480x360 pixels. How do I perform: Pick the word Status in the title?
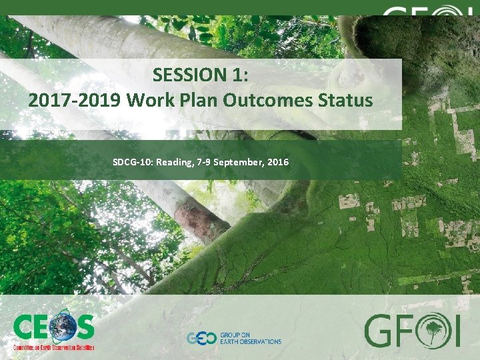[347, 100]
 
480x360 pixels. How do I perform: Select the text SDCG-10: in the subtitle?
[133, 162]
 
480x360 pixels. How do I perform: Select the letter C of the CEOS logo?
[25, 328]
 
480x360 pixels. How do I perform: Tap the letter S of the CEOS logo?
[84, 328]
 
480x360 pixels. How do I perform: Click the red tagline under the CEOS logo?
[53, 347]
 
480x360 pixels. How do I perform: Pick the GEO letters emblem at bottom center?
[199, 338]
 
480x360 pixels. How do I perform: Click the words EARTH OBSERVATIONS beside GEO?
[250, 341]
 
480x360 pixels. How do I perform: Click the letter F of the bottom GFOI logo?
[405, 331]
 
